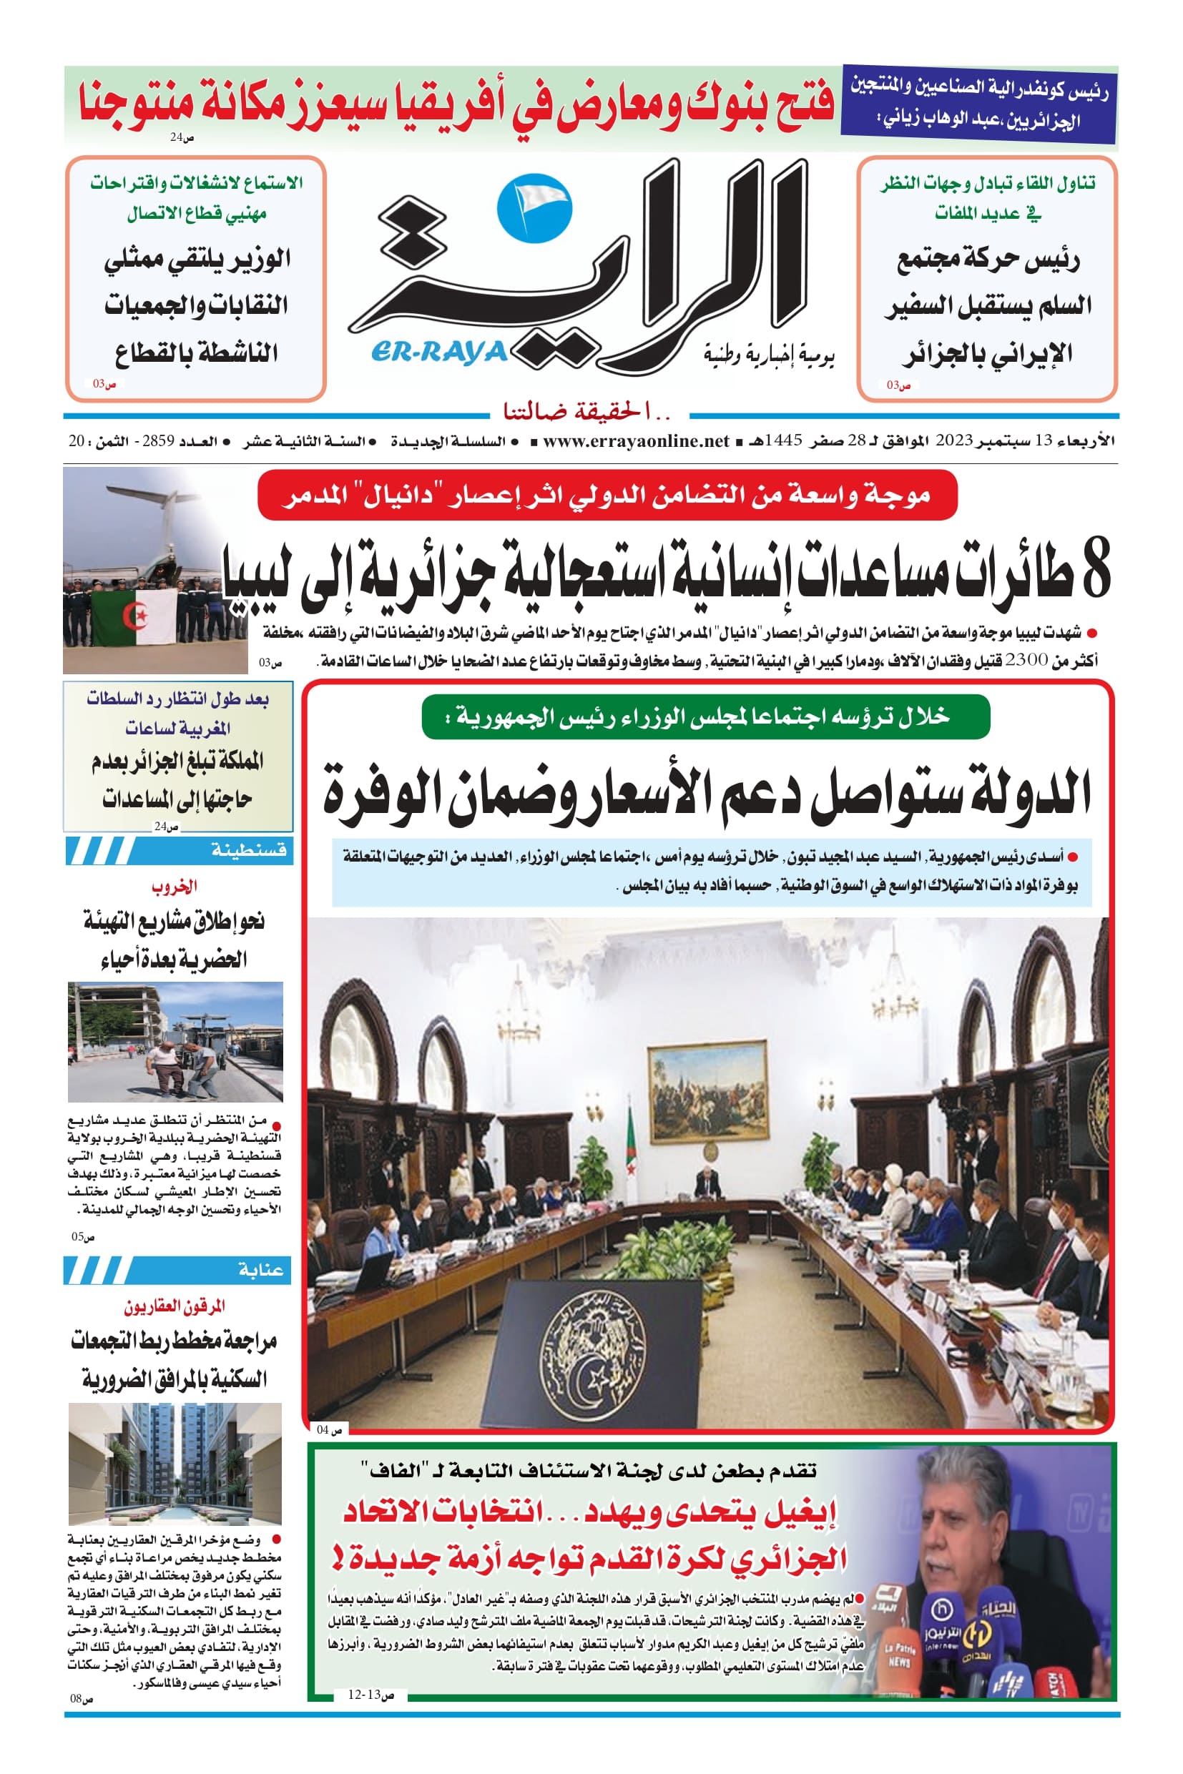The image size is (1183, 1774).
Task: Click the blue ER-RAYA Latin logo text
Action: coord(439,352)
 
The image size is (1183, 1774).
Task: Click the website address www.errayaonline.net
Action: coord(636,440)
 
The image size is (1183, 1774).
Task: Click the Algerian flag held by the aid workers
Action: coord(134,617)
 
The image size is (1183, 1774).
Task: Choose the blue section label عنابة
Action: coord(261,1270)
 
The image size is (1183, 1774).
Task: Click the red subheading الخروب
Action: coord(175,886)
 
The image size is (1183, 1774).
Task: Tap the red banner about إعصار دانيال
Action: coord(607,495)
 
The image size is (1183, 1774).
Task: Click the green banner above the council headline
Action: coord(705,716)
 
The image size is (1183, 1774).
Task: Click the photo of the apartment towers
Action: coord(175,1464)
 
